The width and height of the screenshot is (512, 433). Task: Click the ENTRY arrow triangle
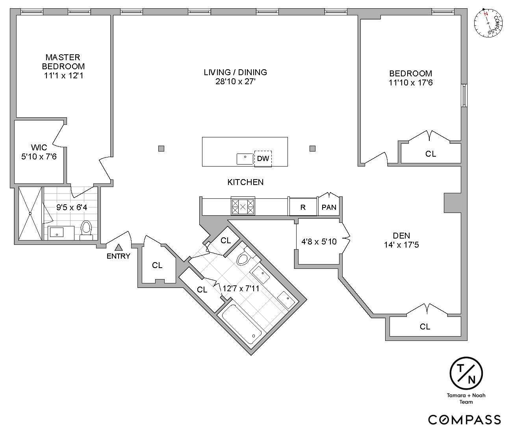coord(119,248)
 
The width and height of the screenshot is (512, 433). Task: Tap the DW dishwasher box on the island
coord(263,159)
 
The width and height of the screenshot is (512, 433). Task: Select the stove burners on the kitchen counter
coord(243,206)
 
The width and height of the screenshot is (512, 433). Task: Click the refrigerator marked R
coord(303,207)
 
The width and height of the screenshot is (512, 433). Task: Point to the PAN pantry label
coord(329,207)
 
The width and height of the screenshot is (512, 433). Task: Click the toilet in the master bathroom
coord(86,229)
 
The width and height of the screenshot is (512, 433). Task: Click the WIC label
coord(39,148)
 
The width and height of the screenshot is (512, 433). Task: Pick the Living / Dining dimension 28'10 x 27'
coord(236,82)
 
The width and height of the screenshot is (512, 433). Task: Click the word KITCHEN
coord(245,182)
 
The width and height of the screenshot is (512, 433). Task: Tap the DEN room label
coord(401,236)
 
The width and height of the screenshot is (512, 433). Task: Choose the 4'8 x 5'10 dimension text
coord(319,242)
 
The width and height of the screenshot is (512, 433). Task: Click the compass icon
coord(488,23)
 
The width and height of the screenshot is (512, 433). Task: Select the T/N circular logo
coord(466,373)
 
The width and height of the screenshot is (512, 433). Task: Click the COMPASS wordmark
coord(465,420)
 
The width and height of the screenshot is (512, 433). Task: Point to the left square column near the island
coord(161,148)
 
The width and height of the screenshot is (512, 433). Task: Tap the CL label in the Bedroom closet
coord(430,154)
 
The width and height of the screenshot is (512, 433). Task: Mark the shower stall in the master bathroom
coord(30,213)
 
